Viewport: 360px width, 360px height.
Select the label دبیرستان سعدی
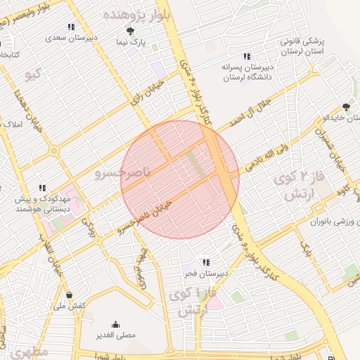[x=72, y=38]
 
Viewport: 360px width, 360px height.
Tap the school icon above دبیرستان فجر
[x=205, y=262]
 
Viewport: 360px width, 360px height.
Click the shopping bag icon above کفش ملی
[x=69, y=295]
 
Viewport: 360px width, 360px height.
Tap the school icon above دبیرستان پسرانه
[x=246, y=56]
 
